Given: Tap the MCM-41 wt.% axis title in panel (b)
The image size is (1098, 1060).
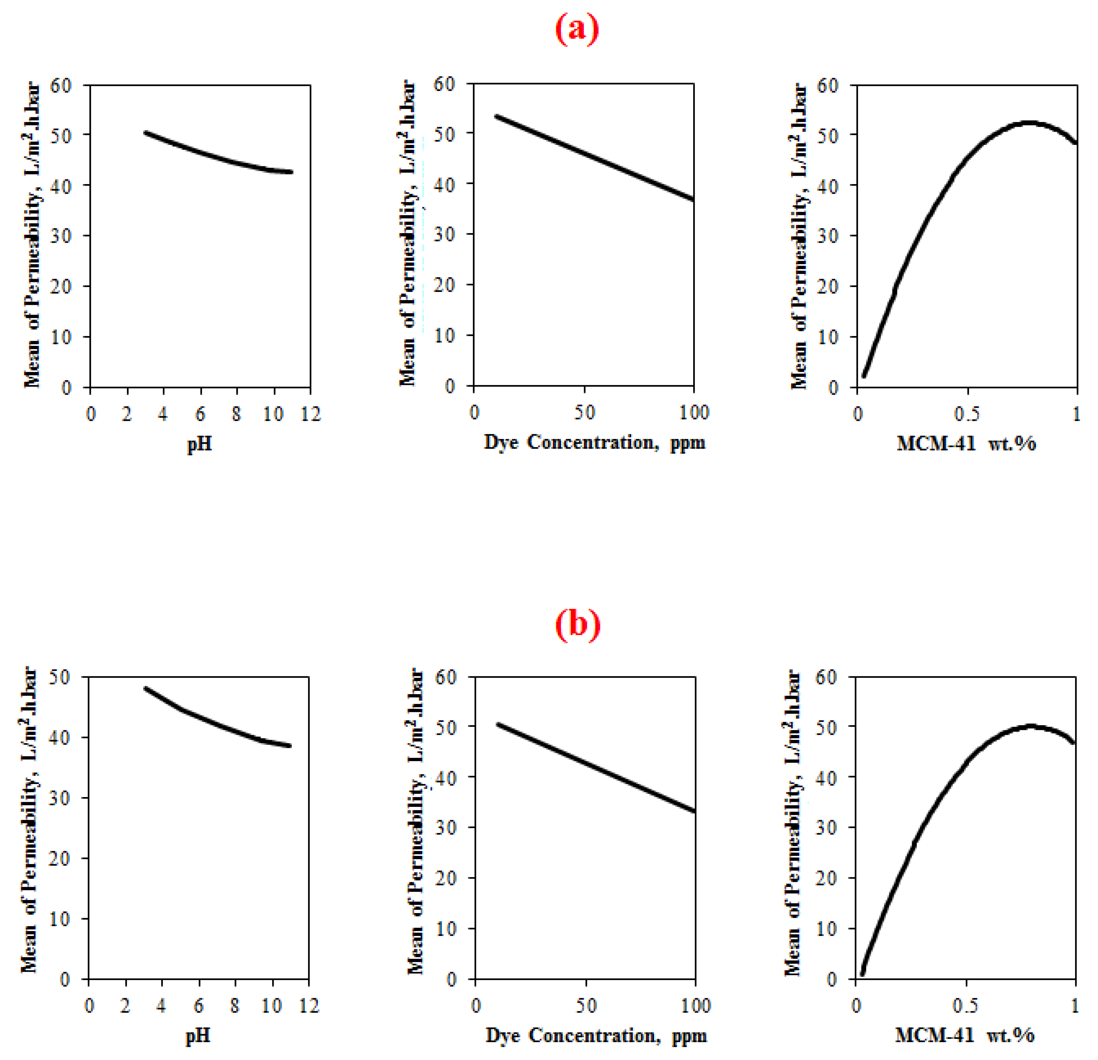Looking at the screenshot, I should click(965, 1035).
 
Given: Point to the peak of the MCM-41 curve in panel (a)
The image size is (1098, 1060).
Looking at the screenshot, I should click(1030, 123).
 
